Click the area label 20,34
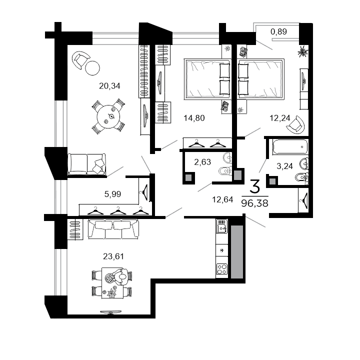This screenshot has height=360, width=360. (x=109, y=85)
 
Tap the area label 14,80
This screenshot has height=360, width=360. (x=194, y=118)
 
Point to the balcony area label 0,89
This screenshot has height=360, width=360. (x=278, y=32)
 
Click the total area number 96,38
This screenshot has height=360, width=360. (x=253, y=203)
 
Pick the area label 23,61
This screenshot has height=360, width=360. (x=113, y=256)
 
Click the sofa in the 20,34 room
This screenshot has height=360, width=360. (x=86, y=163)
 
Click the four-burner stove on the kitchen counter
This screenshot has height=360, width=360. (x=221, y=269)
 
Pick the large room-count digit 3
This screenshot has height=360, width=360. (x=254, y=187)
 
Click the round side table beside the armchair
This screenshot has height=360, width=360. (x=93, y=67)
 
